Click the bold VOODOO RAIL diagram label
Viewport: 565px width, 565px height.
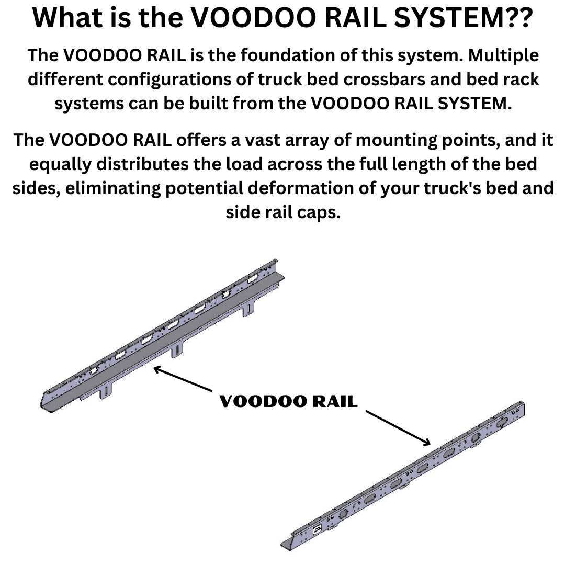point(288,401)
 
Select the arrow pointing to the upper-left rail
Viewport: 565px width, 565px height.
point(183,379)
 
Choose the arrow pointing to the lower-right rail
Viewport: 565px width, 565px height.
point(398,428)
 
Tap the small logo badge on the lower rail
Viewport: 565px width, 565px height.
point(317,530)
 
